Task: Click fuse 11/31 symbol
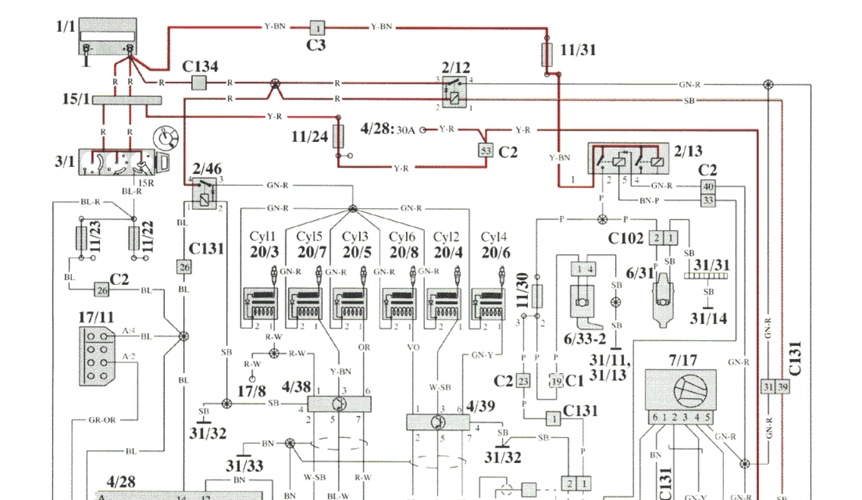pyautogui.click(x=547, y=55)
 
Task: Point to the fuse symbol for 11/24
pyautogui.click(x=339, y=136)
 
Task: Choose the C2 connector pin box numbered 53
pyautogui.click(x=485, y=150)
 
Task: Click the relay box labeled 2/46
pyautogui.click(x=204, y=194)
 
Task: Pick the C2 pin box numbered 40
pyautogui.click(x=708, y=186)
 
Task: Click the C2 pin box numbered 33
pyautogui.click(x=708, y=200)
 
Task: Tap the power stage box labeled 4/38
pyautogui.click(x=340, y=403)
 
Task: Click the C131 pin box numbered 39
pyautogui.click(x=782, y=387)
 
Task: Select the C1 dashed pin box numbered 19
pyautogui.click(x=556, y=381)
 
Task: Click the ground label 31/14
pyautogui.click(x=708, y=318)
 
